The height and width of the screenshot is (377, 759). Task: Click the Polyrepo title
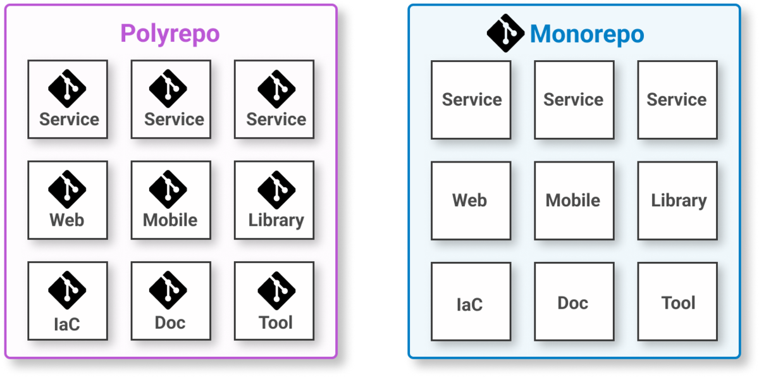point(170,34)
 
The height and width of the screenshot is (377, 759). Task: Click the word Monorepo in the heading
point(587,34)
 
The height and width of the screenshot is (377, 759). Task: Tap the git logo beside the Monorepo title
point(505,33)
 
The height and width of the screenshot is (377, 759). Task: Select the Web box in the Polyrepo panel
point(68,200)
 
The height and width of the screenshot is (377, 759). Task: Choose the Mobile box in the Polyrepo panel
point(171,200)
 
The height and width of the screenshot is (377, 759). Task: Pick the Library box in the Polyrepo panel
point(274,200)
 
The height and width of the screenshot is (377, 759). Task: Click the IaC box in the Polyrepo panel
point(68,301)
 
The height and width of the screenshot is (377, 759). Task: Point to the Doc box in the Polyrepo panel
point(171,301)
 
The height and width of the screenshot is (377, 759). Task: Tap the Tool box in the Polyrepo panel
point(274,301)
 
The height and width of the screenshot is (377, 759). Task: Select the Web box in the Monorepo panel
point(471,201)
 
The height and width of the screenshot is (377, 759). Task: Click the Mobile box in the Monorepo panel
point(574,201)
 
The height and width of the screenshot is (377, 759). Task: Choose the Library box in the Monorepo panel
point(677,201)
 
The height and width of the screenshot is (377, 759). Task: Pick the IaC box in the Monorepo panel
point(471,302)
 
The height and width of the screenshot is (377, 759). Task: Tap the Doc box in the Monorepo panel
point(574,302)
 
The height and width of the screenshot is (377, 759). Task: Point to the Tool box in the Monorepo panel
point(677,302)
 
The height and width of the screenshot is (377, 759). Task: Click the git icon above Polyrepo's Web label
point(67,189)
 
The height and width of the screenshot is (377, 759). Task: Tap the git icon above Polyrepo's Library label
point(276,190)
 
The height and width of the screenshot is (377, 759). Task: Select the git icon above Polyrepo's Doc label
point(168,290)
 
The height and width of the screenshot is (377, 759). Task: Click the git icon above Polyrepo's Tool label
point(276,290)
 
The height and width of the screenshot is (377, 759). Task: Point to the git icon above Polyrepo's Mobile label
point(168,189)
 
